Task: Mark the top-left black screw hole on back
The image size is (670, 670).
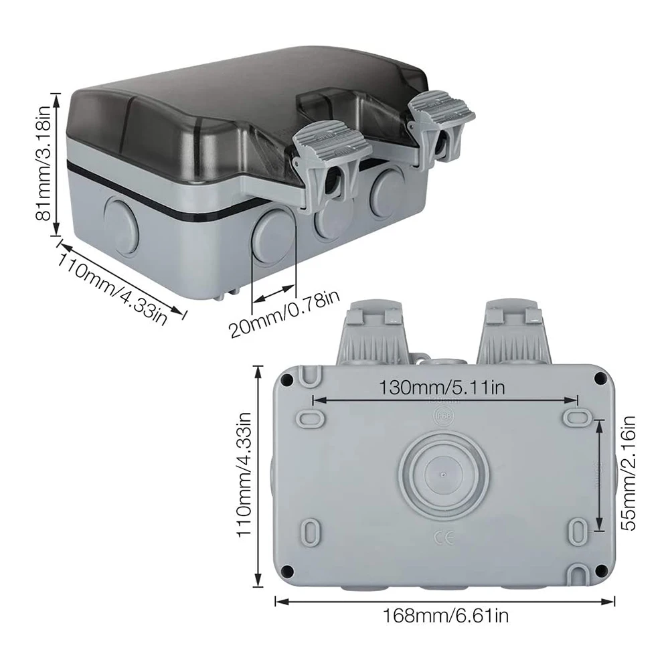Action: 287,380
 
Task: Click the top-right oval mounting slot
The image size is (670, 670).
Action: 576,418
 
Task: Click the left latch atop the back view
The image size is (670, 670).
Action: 374,331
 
